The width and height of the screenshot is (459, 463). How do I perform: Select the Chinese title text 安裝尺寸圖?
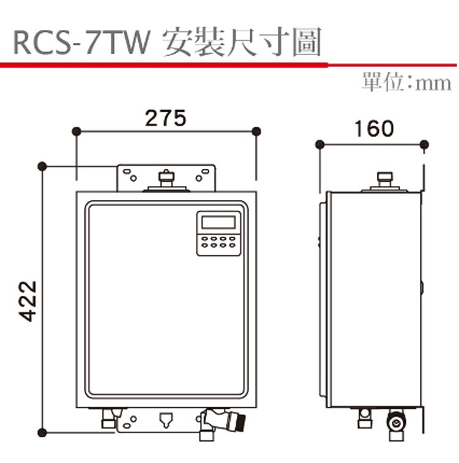[x=242, y=43]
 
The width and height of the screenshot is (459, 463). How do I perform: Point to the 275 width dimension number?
[x=165, y=117]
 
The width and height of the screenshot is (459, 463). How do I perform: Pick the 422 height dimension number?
[x=28, y=300]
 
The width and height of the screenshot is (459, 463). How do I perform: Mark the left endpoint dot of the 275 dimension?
[x=76, y=131]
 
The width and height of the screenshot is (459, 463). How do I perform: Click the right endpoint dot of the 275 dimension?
[x=256, y=131]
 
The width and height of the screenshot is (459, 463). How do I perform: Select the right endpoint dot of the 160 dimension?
[x=424, y=144]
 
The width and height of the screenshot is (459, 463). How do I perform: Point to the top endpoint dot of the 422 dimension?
[x=42, y=166]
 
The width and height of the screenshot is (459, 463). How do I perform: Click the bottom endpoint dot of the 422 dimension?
[x=42, y=433]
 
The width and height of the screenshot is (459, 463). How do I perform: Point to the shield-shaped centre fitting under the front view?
[x=165, y=420]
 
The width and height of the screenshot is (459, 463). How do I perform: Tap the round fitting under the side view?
[x=394, y=423]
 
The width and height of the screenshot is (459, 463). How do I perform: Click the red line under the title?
[x=165, y=63]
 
